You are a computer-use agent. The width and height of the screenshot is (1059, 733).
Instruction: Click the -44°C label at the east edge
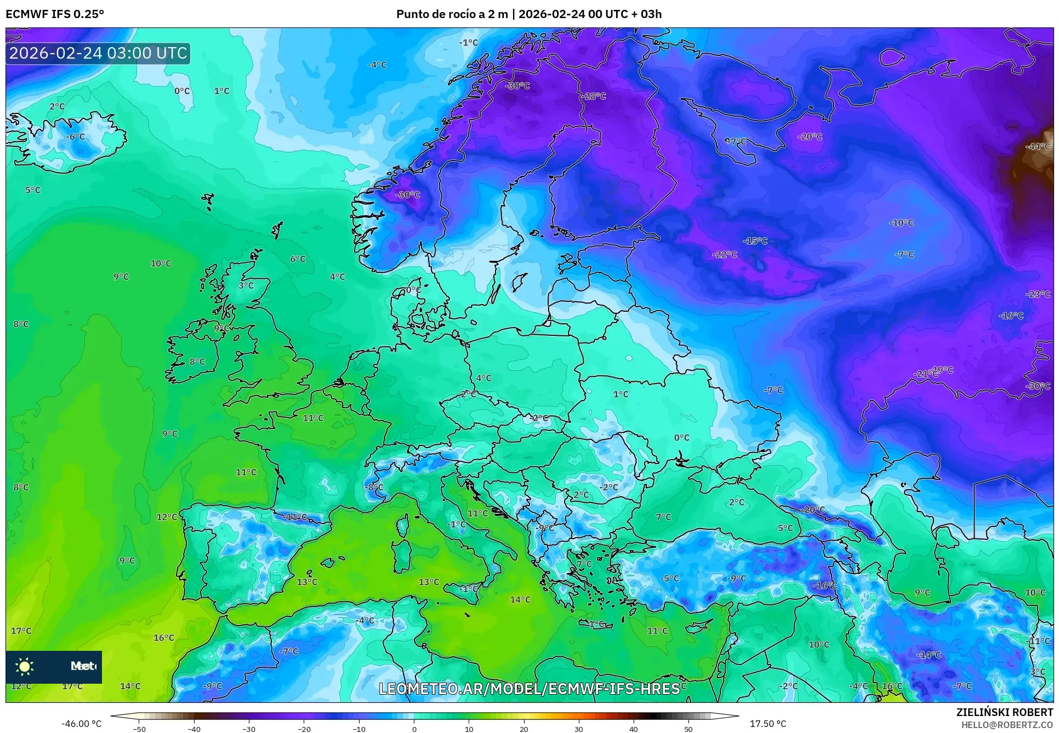[x=1038, y=146]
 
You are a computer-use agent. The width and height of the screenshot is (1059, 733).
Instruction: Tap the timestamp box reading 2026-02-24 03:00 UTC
[x=98, y=53]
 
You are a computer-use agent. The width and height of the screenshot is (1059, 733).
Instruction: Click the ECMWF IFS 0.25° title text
[x=55, y=14]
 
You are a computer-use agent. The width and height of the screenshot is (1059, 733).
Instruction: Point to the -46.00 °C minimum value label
[x=81, y=724]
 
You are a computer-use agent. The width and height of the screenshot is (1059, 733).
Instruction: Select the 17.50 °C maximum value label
[x=767, y=724]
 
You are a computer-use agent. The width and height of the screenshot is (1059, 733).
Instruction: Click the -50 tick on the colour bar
[x=139, y=729]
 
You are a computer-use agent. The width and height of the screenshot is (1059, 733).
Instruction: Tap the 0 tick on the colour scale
[x=414, y=729]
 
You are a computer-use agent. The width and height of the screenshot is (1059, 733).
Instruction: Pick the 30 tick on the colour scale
[x=579, y=729]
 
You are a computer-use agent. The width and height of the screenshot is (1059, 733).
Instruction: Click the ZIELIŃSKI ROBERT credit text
[x=1004, y=712]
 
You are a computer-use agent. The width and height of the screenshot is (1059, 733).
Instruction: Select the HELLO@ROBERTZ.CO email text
[x=1007, y=725]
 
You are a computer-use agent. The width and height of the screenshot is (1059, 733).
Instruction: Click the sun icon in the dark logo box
[x=25, y=666]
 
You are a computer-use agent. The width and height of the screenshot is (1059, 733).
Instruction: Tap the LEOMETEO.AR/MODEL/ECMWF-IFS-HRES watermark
[x=529, y=689]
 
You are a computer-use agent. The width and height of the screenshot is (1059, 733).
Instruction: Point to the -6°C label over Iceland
[x=76, y=136]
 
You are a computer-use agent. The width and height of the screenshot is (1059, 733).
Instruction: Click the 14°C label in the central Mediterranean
[x=520, y=600]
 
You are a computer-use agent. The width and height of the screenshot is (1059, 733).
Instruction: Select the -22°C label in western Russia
[x=724, y=255]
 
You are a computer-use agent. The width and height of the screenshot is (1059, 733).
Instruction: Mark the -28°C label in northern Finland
[x=594, y=96]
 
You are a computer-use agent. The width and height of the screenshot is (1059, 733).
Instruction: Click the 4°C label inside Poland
[x=483, y=378]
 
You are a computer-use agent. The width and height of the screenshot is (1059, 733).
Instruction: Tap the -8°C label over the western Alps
[x=374, y=487]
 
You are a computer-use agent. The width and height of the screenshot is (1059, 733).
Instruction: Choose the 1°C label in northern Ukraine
[x=620, y=394]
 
